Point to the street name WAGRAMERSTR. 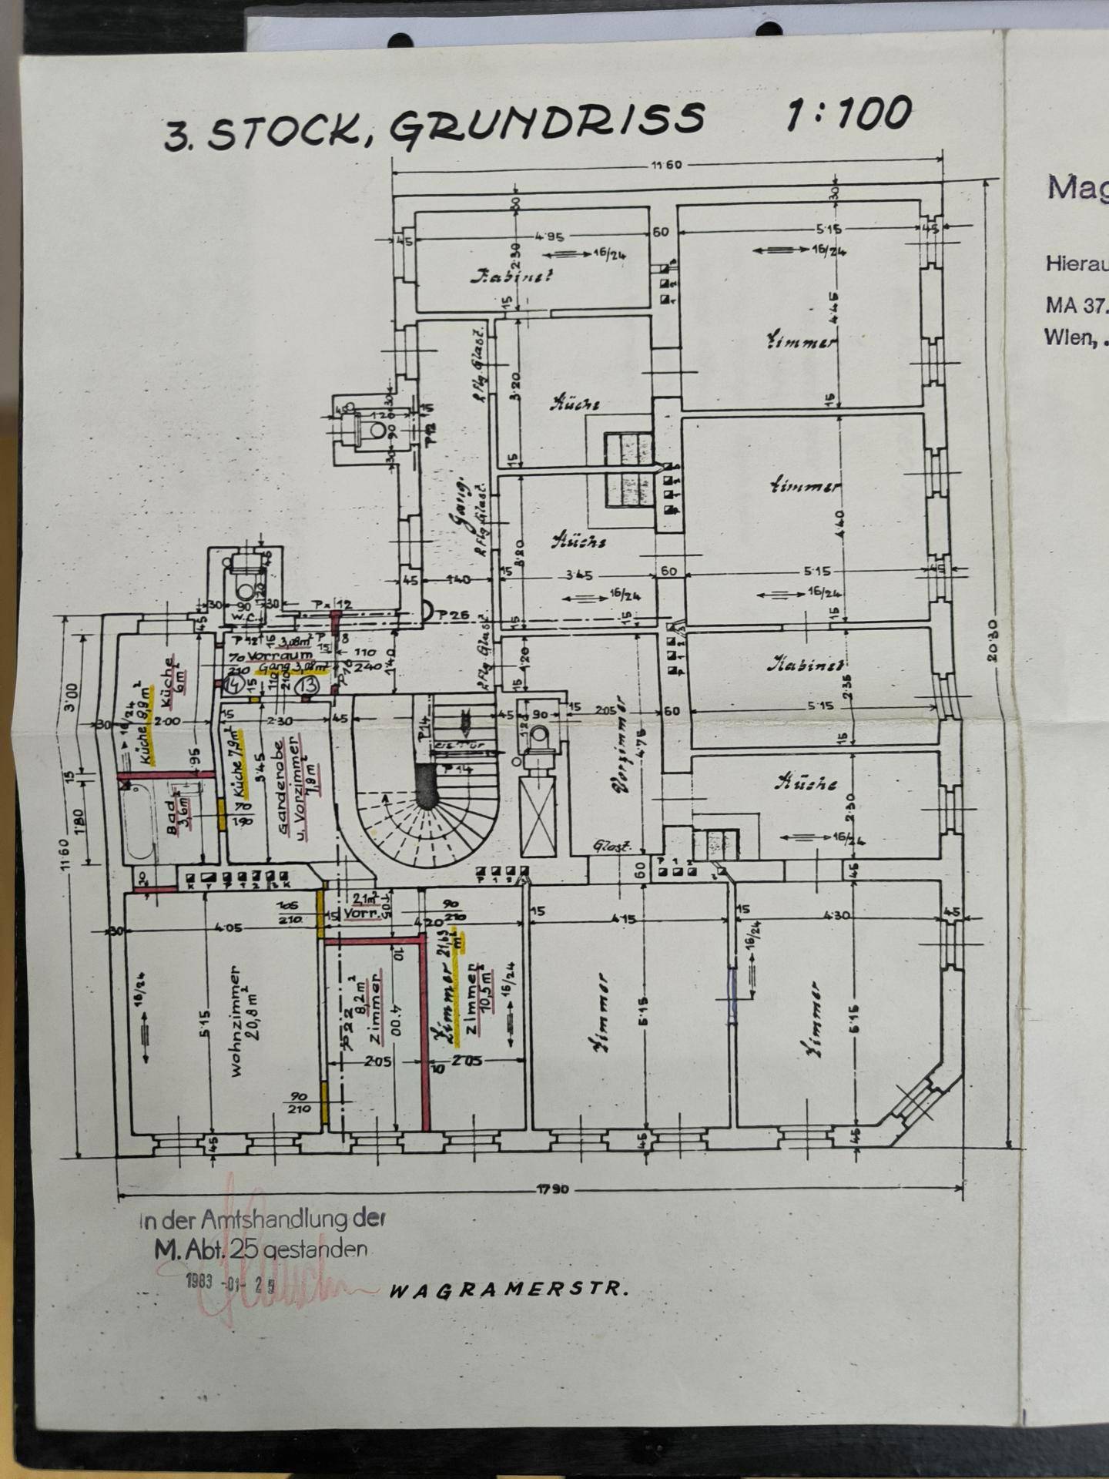click(508, 1290)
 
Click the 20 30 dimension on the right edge click(993, 639)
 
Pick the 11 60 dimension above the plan click(666, 165)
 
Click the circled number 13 click(310, 683)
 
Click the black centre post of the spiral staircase click(426, 786)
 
